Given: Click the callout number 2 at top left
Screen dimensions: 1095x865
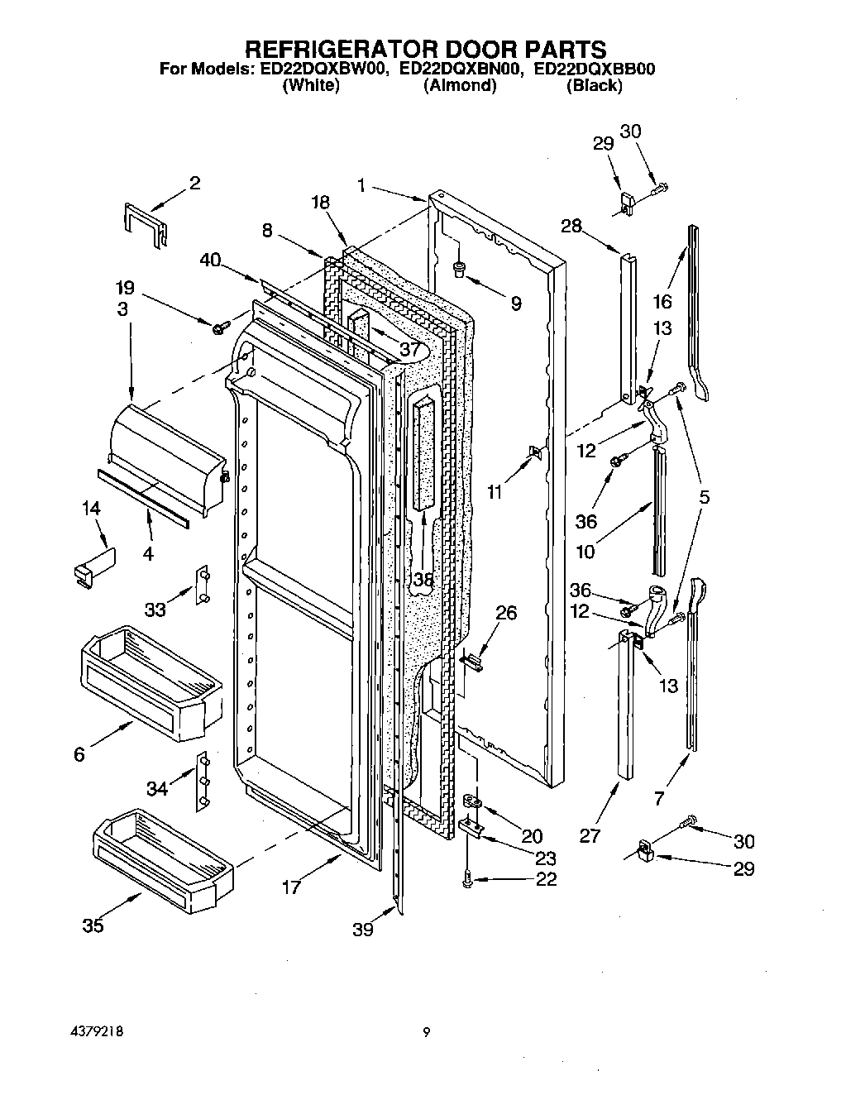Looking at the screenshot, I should [x=194, y=183].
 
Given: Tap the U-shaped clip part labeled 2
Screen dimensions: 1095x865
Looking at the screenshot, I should [x=143, y=222].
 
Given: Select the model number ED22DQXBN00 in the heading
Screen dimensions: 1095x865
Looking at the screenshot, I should [x=461, y=70].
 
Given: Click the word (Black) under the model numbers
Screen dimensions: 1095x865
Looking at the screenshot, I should [x=594, y=85].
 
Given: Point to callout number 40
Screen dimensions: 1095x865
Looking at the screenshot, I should [x=210, y=260].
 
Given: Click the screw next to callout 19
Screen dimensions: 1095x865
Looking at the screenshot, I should [x=220, y=328].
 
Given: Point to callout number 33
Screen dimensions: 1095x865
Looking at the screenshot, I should [x=155, y=610].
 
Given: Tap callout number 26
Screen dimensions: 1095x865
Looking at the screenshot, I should [x=506, y=613].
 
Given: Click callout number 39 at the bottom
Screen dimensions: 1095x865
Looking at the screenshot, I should [x=362, y=930].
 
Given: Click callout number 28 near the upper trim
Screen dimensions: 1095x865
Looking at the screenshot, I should [x=571, y=225].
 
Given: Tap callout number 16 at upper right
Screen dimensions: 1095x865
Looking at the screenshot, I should [x=663, y=301].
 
